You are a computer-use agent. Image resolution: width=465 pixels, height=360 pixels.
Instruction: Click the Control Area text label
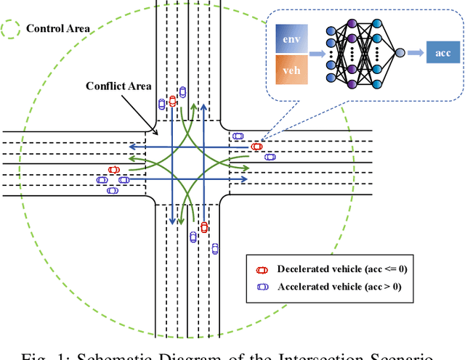coord(58,29)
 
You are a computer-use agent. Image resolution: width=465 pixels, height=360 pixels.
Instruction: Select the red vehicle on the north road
coord(172,101)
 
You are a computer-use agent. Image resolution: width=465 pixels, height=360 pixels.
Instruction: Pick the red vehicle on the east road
coord(256,147)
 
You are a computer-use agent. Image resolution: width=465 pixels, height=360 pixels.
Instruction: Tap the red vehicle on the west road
coord(113,170)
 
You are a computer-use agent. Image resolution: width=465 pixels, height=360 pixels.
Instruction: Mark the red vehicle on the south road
coord(204,227)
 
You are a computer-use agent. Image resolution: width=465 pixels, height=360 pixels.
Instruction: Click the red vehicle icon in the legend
coord(262,269)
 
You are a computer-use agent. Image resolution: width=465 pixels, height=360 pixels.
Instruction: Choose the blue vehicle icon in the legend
coord(262,286)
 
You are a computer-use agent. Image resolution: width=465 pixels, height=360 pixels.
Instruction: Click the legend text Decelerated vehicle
coord(341,269)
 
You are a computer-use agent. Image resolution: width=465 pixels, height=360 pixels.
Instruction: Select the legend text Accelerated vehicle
coord(340,286)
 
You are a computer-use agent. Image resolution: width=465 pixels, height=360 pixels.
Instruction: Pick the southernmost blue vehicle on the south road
coord(215,249)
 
